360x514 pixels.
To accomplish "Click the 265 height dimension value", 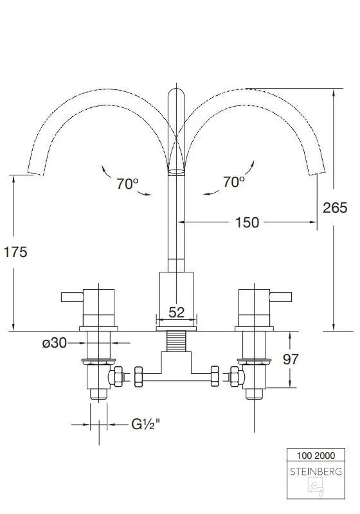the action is (335, 208).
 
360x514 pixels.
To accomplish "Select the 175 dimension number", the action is (15, 252).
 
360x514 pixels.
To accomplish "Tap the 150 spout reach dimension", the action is (248, 222).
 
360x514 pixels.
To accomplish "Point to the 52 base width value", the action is (176, 312).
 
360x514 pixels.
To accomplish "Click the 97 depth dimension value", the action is (291, 359).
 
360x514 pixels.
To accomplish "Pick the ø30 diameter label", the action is (55, 343).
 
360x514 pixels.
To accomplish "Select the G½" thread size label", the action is (145, 424).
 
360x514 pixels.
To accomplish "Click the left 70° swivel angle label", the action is (127, 184).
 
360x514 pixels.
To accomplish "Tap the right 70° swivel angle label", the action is (234, 182).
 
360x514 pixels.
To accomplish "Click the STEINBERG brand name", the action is (316, 472).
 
